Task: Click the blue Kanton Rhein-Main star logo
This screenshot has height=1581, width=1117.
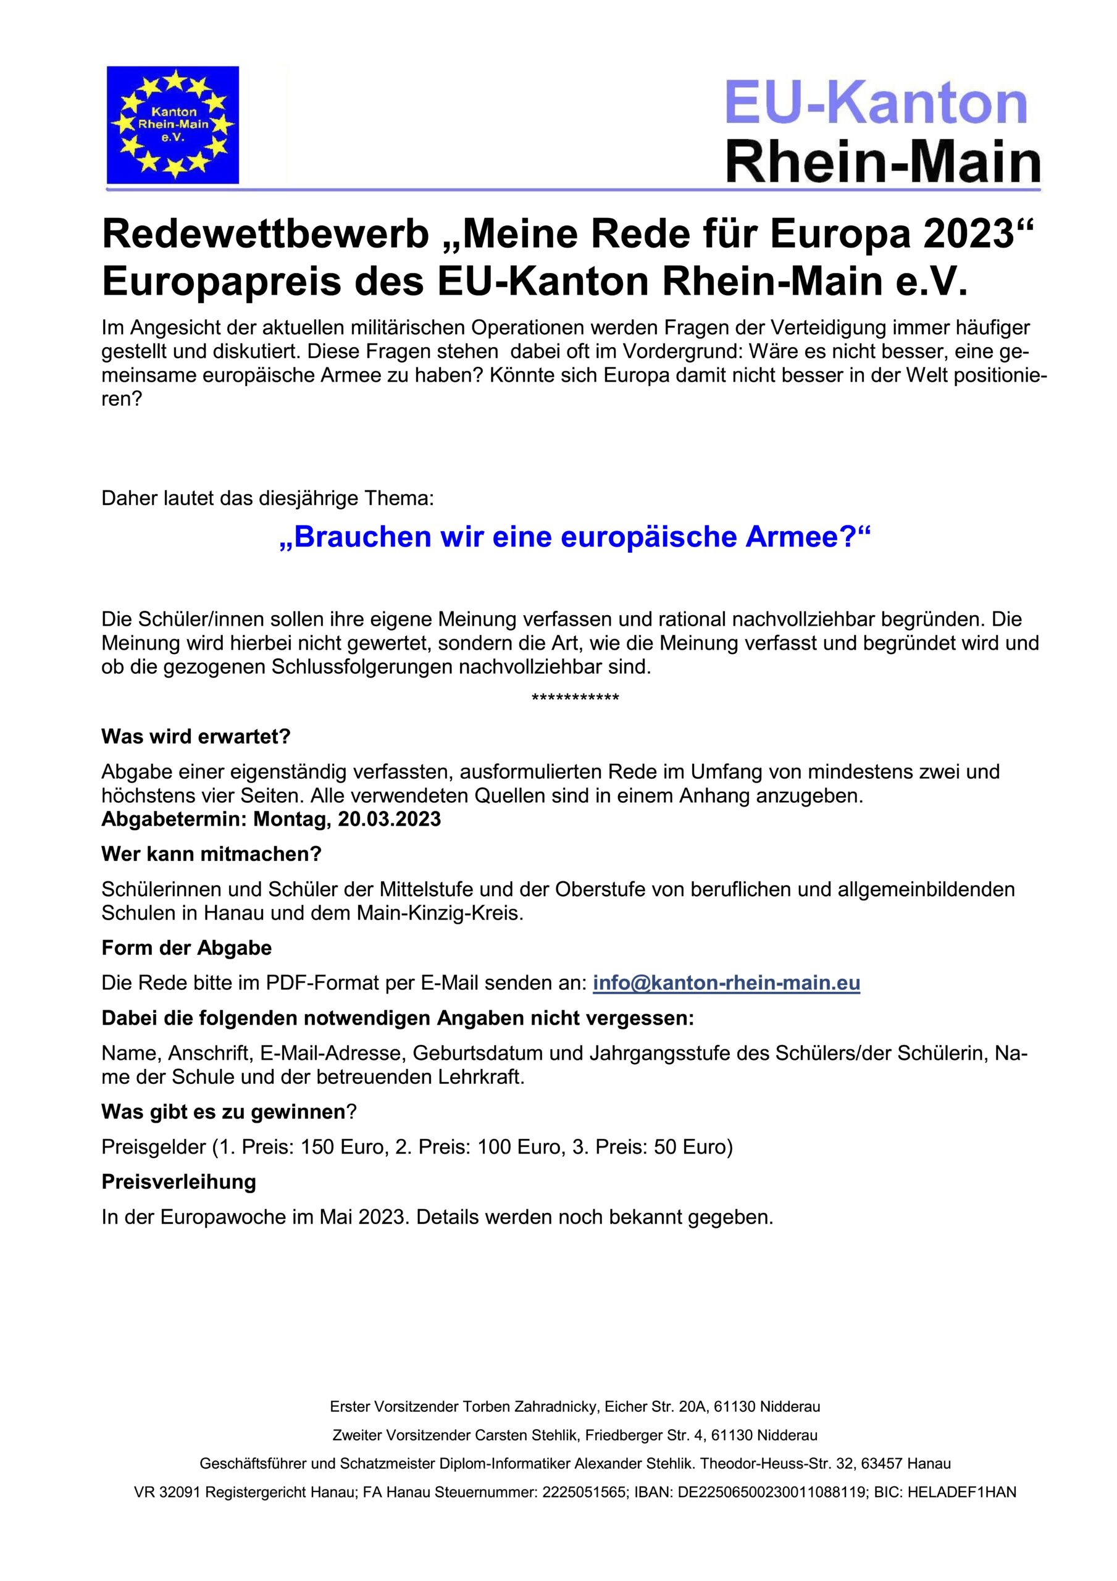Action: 173,125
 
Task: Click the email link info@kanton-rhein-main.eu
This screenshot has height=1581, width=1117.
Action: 726,983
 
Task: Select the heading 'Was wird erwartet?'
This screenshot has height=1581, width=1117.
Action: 196,736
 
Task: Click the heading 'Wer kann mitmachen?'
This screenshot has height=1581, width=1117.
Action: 211,854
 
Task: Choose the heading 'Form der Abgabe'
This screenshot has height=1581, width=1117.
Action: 186,947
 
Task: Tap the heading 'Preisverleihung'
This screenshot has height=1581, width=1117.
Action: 179,1181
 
